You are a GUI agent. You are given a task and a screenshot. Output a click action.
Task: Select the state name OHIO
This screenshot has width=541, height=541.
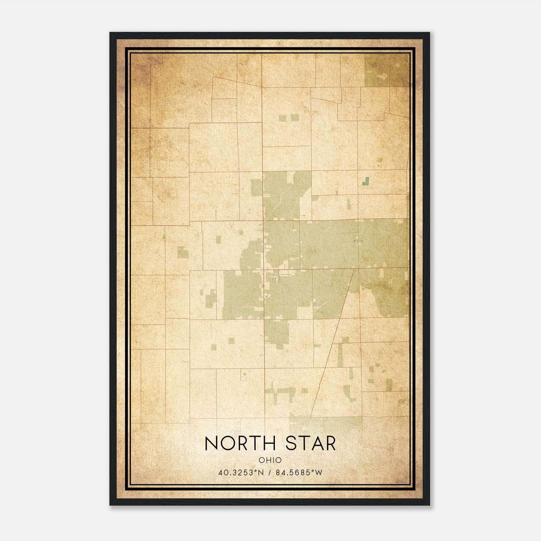click(x=270, y=460)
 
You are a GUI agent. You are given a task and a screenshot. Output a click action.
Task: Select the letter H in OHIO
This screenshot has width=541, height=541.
click(x=268, y=460)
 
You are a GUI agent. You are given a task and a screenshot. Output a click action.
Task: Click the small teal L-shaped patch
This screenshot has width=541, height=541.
click(x=366, y=182)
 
